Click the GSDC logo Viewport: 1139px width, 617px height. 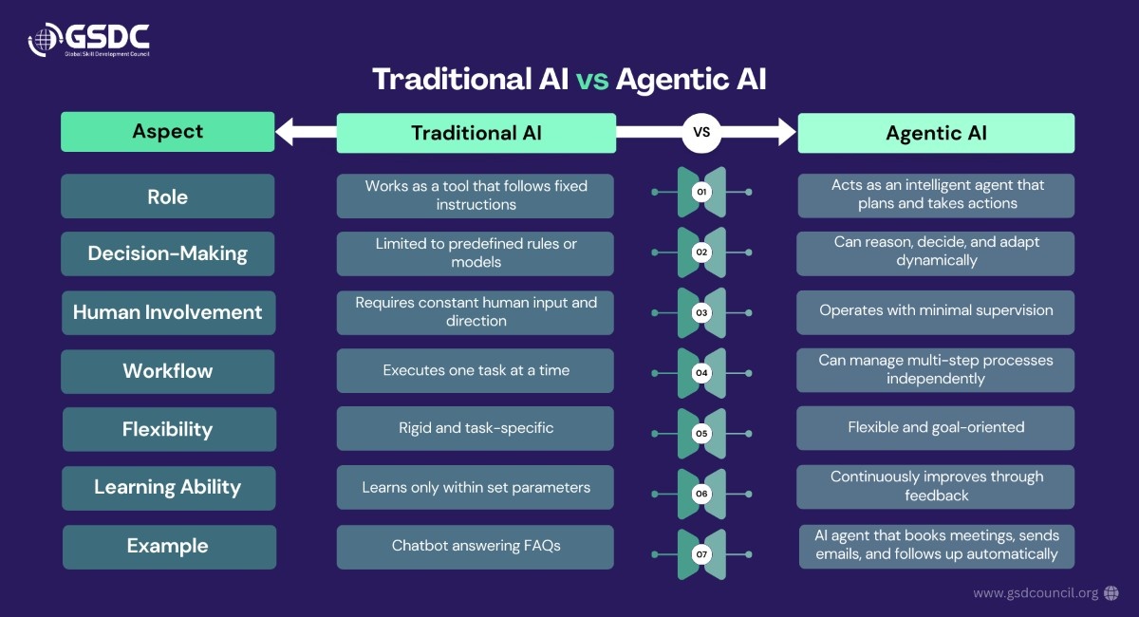88,39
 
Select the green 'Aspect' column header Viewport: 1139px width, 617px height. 167,132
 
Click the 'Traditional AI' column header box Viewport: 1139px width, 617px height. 476,133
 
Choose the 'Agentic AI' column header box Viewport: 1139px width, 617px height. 936,133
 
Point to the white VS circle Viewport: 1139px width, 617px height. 701,133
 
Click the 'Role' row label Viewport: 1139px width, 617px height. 167,196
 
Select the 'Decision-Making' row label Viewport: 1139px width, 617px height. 167,253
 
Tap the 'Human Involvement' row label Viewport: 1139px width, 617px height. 167,312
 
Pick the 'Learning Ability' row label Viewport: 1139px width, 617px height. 168,487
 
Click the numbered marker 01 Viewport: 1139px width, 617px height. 701,193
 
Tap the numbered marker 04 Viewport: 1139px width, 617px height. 701,373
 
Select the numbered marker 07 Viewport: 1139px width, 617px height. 701,553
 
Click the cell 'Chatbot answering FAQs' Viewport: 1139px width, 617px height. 476,546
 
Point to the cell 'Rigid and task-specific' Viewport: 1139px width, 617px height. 476,428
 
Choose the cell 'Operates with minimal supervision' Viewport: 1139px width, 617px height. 936,310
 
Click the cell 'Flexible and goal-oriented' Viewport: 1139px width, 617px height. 936,428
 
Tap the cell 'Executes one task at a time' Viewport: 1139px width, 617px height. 476,370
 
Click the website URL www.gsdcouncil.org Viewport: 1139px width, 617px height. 1035,593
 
